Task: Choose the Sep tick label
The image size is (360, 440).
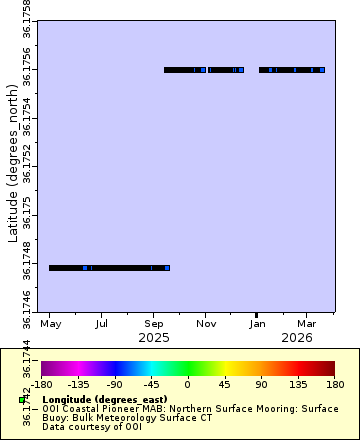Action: (154, 325)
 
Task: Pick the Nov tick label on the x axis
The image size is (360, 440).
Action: (206, 325)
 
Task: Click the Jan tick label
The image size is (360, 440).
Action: (257, 325)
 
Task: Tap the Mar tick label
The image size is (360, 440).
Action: (307, 325)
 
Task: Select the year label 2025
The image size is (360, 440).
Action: (154, 338)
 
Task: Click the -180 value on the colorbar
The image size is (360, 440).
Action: (42, 383)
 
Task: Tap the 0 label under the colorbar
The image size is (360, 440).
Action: (188, 383)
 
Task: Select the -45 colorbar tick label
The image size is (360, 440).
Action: (151, 383)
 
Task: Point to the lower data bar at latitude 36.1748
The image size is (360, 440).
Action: (109, 268)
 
